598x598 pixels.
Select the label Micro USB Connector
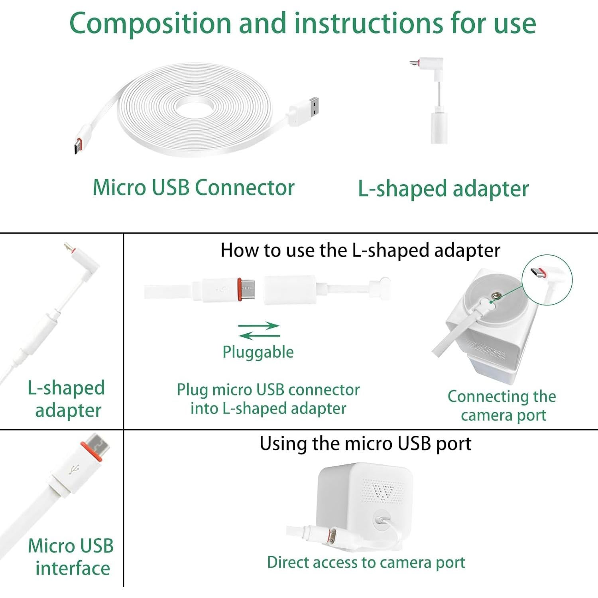[193, 188]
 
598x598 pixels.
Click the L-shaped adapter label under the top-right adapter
[443, 189]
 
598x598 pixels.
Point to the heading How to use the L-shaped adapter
[360, 251]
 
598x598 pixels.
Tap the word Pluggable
[258, 352]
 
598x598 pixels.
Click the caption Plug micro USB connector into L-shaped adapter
[268, 399]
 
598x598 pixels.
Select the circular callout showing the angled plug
[547, 280]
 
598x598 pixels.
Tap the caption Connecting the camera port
[502, 406]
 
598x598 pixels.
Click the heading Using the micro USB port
[365, 444]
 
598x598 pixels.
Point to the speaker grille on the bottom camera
[383, 490]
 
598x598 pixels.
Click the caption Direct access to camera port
[366, 563]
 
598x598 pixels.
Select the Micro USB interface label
[71, 557]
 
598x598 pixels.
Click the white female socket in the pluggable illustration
[289, 290]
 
